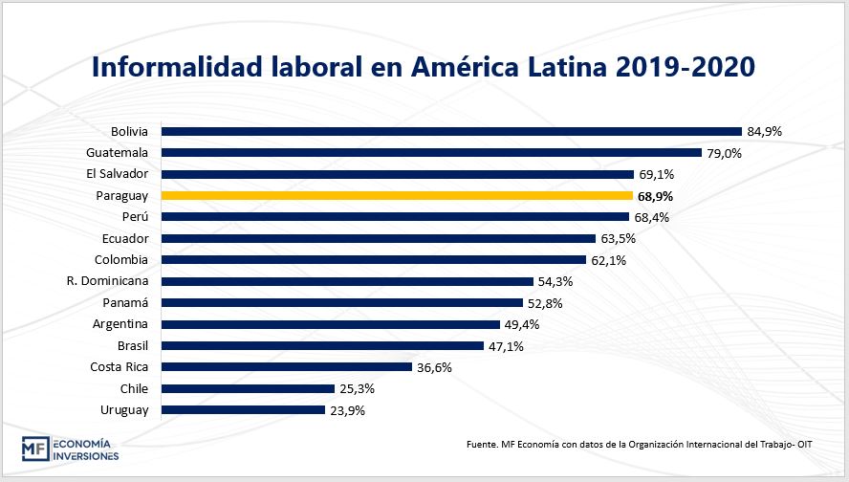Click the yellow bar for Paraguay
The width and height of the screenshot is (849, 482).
397,195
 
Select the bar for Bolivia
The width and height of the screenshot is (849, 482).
451,131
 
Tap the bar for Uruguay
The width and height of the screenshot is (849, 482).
243,410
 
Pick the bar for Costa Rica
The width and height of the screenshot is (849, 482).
286,367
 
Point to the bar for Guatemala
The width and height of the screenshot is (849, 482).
431,152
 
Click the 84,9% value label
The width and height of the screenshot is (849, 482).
764,131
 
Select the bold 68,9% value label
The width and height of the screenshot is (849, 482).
656,195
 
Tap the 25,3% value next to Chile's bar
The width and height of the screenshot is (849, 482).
356,388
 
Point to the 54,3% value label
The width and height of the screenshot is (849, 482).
555,281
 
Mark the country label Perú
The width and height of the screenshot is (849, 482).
135,217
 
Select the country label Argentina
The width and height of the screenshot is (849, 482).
120,324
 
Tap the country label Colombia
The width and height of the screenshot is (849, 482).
120,260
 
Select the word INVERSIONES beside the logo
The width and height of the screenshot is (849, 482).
85,456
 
